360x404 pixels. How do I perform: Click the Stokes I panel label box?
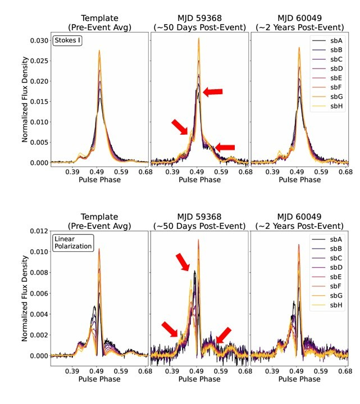pos(68,40)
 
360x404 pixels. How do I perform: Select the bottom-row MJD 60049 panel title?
pos(299,221)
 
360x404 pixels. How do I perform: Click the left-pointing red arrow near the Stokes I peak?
pos(213,91)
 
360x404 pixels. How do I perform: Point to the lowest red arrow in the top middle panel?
pos(224,147)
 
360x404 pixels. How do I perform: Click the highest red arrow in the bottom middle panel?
pos(184,261)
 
